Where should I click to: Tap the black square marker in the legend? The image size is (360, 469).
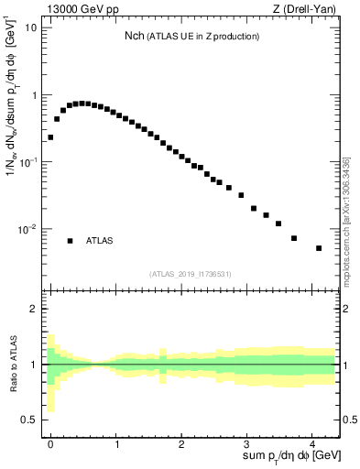pos(70,241)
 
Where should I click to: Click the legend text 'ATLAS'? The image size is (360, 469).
pos(100,241)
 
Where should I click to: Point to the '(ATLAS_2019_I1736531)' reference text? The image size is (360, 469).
pos(191,274)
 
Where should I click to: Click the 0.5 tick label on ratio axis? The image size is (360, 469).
pos(29,420)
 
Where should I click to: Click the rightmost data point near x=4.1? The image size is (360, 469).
pos(319,248)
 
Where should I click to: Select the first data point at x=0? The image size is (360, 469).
pos(50,137)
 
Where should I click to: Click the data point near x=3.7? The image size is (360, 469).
pos(294,238)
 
